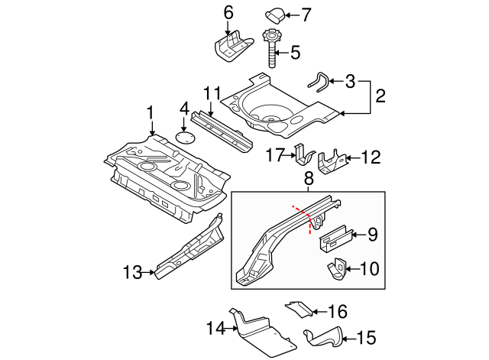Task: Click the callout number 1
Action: coord(151,112)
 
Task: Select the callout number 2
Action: coord(379,96)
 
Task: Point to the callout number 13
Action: coord(131,271)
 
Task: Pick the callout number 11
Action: coord(212,93)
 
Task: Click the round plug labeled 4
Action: coord(184,138)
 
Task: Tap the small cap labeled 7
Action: coord(276,13)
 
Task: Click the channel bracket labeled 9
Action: coord(335,237)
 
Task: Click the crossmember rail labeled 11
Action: coord(222,130)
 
